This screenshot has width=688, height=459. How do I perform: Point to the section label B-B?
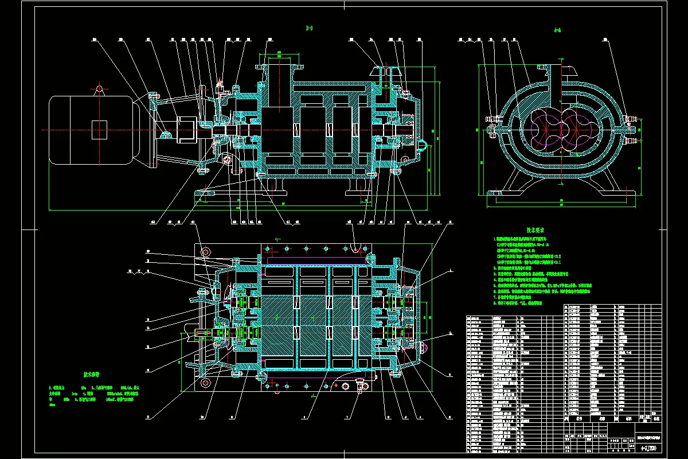[x=310, y=28]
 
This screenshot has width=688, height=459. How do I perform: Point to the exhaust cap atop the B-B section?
[x=386, y=72]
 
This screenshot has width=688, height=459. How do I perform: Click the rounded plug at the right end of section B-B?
[x=422, y=141]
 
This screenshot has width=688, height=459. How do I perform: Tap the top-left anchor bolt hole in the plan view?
[x=205, y=251]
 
